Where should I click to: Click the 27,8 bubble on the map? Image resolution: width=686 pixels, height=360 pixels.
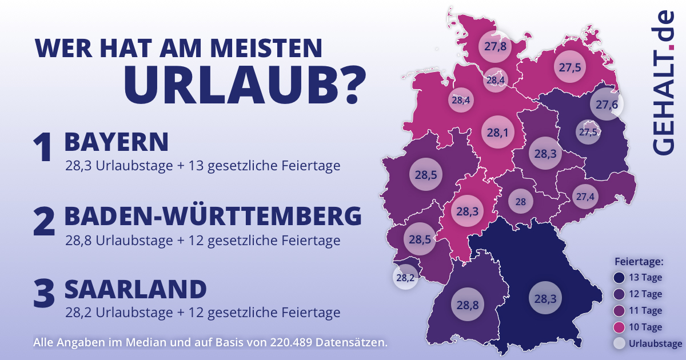click(495, 47)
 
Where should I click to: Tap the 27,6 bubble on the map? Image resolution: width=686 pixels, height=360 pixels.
click(607, 105)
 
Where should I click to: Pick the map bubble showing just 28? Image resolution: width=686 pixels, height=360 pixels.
click(521, 202)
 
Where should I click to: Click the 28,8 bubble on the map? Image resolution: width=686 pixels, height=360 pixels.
click(467, 305)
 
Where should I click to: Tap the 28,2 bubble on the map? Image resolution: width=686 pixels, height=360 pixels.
click(404, 278)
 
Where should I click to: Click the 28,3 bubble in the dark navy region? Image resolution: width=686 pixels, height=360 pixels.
click(544, 298)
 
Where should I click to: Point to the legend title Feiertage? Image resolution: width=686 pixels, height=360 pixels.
click(639, 262)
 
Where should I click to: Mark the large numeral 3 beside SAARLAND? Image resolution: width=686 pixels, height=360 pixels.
click(43, 294)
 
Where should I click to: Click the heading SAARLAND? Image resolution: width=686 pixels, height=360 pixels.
click(135, 290)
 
